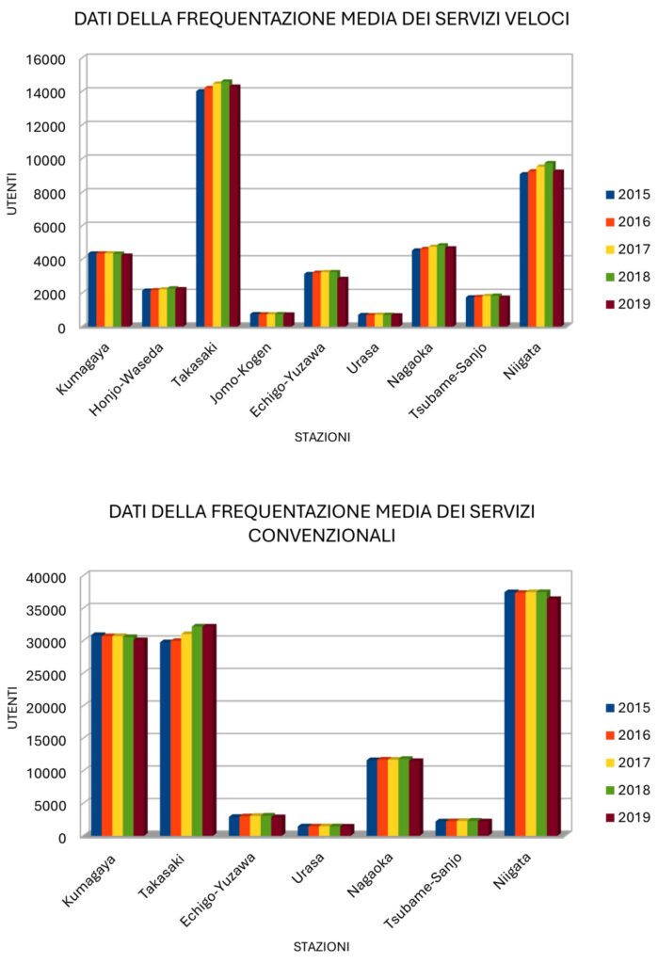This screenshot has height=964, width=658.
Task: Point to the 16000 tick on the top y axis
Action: tap(47, 59)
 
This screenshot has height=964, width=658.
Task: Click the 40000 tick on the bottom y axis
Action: tap(47, 577)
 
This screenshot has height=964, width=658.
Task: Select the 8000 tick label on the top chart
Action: tap(51, 193)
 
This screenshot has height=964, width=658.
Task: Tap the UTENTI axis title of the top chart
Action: tap(12, 193)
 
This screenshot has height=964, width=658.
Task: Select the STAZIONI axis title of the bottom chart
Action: tap(321, 945)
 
